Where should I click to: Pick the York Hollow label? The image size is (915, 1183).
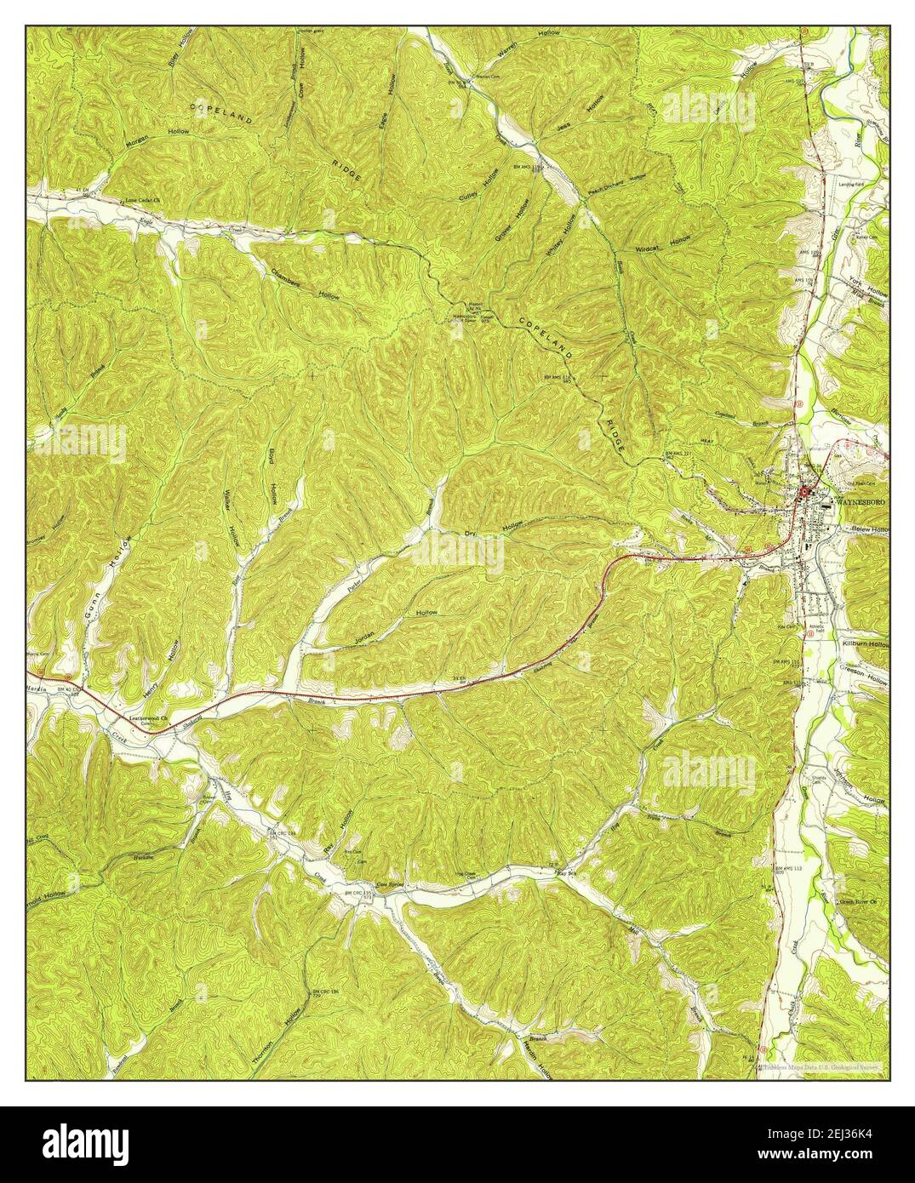(x=866, y=291)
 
